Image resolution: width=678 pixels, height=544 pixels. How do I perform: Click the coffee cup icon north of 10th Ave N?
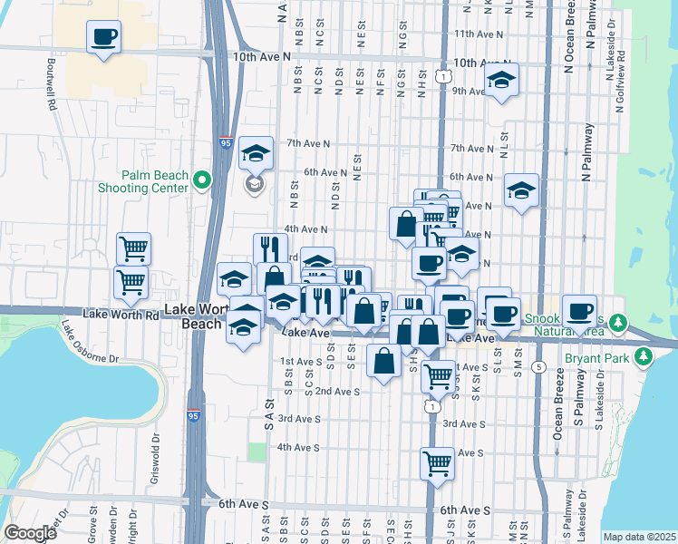pyautogui.click(x=103, y=38)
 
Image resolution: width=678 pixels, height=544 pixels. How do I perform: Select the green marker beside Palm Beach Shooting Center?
pyautogui.click(x=201, y=180)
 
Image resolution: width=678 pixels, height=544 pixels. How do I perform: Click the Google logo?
pyautogui.click(x=31, y=533)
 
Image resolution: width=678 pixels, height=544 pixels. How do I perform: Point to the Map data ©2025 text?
pyautogui.click(x=638, y=537)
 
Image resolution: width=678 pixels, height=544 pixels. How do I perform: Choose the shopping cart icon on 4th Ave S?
pyautogui.click(x=437, y=462)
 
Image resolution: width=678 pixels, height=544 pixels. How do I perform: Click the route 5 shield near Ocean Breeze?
pyautogui.click(x=538, y=366)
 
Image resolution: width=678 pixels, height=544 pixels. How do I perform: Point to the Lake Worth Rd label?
pyautogui.click(x=121, y=314)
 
